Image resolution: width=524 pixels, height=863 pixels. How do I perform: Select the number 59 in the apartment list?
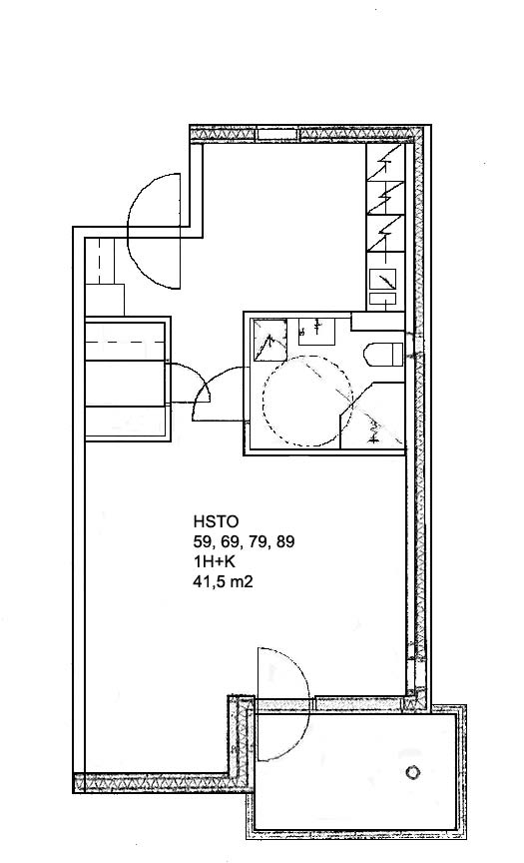(x=202, y=542)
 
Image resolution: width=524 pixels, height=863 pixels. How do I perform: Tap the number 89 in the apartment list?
(x=284, y=542)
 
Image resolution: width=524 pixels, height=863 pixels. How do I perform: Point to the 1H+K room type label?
(x=213, y=562)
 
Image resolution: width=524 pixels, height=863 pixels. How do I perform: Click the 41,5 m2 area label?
(x=223, y=581)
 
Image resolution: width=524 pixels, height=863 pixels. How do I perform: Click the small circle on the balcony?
(x=412, y=772)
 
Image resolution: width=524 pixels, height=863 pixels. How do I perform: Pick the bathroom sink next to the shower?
(x=316, y=332)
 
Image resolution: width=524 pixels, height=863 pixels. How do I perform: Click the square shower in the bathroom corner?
(x=269, y=341)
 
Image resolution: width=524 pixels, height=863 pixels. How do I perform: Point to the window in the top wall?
(x=277, y=134)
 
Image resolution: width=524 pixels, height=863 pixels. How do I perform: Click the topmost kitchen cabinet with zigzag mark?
(x=385, y=163)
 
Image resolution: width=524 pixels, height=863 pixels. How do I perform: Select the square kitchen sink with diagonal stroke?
(x=382, y=280)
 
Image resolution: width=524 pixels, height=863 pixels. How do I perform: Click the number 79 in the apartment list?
(x=257, y=542)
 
